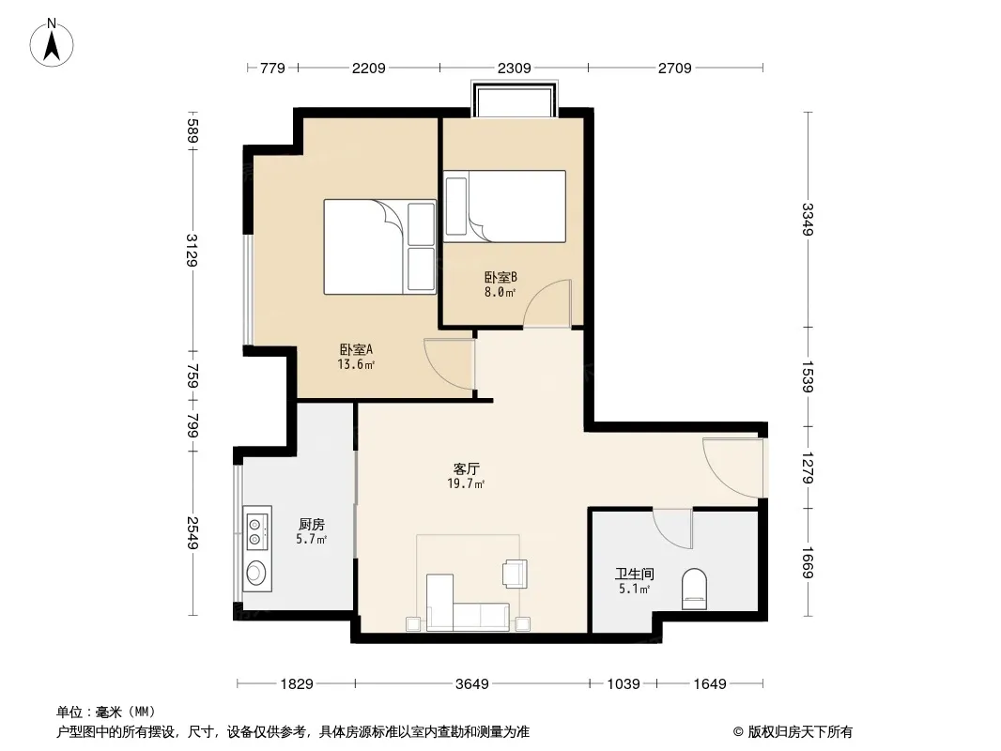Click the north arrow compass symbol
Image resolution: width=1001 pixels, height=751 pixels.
click(x=52, y=43)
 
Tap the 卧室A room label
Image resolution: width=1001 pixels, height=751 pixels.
click(x=356, y=349)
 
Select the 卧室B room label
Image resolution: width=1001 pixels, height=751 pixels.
click(x=500, y=278)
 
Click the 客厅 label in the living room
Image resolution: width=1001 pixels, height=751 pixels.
click(x=466, y=469)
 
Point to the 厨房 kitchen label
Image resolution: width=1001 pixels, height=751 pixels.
click(x=312, y=525)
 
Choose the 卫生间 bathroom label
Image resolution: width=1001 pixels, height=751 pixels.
click(x=634, y=575)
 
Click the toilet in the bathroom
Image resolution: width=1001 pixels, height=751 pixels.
click(x=694, y=589)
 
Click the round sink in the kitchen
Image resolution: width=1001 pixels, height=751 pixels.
click(x=256, y=572)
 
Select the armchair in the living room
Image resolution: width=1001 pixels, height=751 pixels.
click(x=515, y=573)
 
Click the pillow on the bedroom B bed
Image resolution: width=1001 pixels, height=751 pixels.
click(x=456, y=207)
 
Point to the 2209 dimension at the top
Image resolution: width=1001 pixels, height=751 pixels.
click(x=368, y=68)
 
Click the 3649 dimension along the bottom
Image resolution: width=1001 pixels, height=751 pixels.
click(x=471, y=684)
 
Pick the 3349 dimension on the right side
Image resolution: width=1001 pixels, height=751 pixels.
click(x=808, y=219)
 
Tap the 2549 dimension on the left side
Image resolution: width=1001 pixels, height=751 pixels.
click(x=192, y=533)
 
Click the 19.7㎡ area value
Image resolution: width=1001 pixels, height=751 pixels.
click(x=466, y=483)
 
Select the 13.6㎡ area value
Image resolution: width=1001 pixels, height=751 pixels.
click(x=356, y=364)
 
